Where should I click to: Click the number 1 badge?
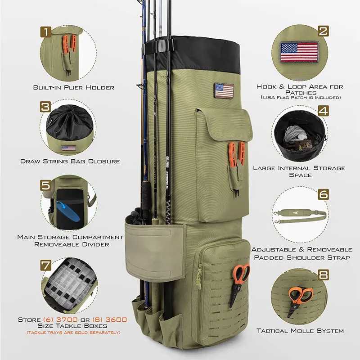pos(45,31)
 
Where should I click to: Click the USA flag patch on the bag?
pos(224,90)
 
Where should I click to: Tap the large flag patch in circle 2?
pos(299,52)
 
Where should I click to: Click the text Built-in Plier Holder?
pos(74,87)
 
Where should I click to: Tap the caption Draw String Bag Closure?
pos(70,161)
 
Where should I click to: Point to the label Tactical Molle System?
pos(300,331)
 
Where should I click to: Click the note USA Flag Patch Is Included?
pos(300,98)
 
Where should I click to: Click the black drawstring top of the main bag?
pos(198,54)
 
